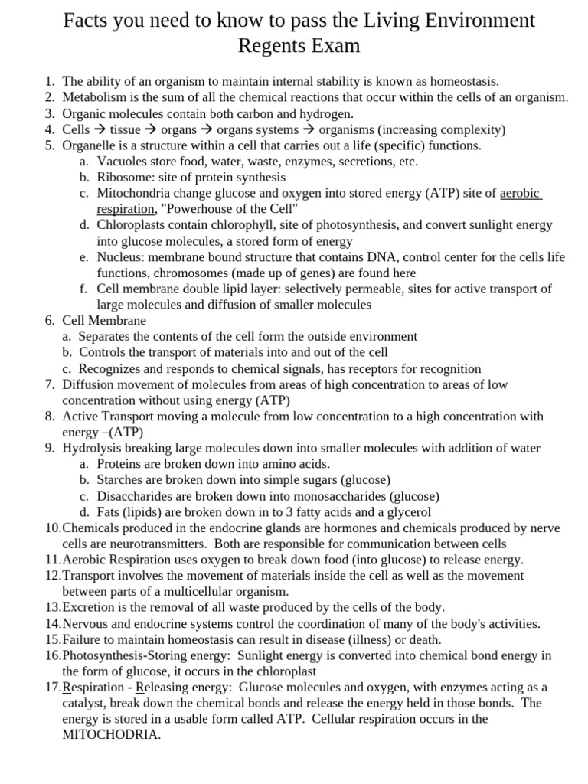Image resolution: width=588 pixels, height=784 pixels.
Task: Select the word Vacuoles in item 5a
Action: coord(122,162)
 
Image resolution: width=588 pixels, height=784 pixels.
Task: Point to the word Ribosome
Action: coord(123,177)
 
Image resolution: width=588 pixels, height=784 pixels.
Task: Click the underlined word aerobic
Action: coord(520,193)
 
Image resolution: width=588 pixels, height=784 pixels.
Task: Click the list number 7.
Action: coord(49,384)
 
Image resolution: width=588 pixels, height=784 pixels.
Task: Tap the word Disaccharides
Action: coord(135,496)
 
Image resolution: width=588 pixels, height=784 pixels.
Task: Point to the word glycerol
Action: coord(406,512)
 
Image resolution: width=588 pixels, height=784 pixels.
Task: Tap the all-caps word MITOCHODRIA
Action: coord(111,734)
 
